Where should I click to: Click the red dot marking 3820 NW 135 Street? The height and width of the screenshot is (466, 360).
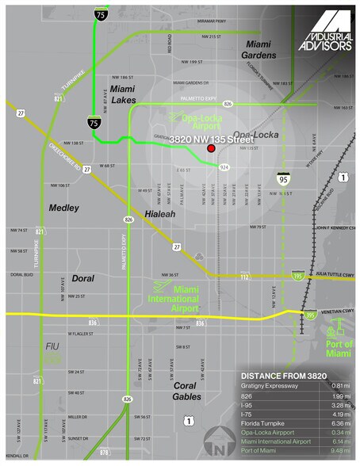tap(211, 148)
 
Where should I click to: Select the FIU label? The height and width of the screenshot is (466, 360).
tap(52, 346)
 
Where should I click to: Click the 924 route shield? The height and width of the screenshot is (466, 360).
tap(224, 167)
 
